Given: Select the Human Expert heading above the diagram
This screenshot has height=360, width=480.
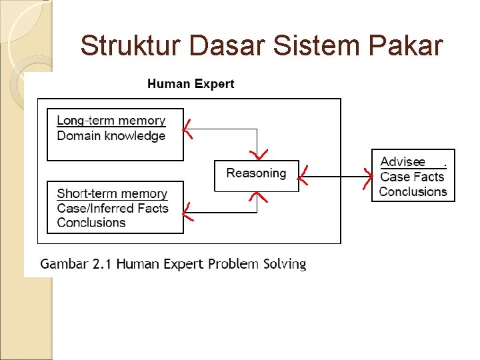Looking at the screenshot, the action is point(191,84).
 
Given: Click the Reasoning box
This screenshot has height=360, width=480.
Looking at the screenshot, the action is point(256,174).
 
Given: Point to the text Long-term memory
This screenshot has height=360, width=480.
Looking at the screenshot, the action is point(111,121).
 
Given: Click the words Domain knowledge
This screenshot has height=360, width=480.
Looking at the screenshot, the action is point(111,136).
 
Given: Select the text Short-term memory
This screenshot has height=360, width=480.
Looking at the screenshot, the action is point(112,194).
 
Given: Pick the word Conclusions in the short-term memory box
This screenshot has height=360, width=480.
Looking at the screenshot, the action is point(91,223).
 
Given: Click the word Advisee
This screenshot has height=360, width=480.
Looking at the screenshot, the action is point(403,162).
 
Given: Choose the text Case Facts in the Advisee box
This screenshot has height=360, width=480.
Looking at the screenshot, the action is point(412,177).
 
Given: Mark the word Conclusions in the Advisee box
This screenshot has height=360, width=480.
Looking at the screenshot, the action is point(413,192).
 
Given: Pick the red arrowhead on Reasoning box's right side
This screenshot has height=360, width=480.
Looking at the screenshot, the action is point(303,176).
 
